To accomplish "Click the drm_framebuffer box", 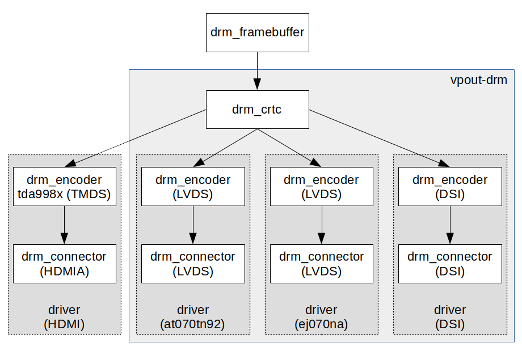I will click(x=257, y=32).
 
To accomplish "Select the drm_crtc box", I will click(x=257, y=109).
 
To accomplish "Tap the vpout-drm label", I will click(x=478, y=80).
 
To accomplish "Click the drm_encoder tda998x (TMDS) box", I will click(x=64, y=187).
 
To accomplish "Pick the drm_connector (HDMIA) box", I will click(x=64, y=264).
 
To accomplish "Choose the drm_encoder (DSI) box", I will click(x=450, y=187).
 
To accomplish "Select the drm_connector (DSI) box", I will click(x=450, y=264).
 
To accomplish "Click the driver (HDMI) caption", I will click(x=64, y=317).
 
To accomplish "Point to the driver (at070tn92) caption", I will click(x=193, y=317).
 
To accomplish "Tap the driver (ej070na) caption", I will click(x=321, y=317).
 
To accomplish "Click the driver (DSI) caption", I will click(x=450, y=317).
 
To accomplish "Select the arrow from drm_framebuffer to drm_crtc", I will click(x=257, y=71).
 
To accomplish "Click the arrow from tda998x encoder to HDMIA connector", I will click(x=64, y=224).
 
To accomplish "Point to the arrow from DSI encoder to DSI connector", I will click(x=450, y=224).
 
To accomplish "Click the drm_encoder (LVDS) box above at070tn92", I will click(x=193, y=187).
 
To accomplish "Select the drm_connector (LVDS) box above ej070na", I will click(x=321, y=264).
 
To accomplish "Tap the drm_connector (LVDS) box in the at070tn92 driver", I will click(x=193, y=264).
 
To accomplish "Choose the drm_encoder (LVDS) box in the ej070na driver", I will click(x=321, y=187).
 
